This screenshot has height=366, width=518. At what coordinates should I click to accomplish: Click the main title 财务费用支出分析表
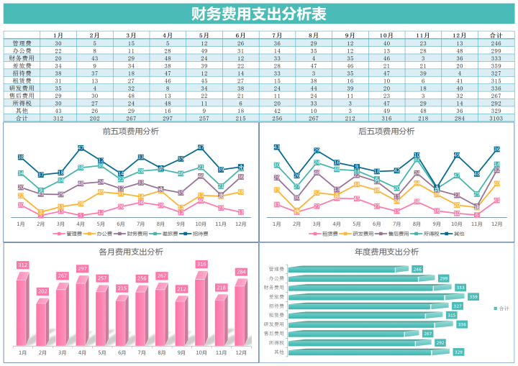coord(258,14)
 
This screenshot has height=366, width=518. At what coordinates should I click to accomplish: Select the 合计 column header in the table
coord(496,35)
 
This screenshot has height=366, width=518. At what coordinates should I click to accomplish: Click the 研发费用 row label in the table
coord(22,88)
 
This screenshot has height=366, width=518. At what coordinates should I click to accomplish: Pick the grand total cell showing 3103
coord(496,118)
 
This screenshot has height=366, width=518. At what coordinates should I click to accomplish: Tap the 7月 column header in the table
coord(277,35)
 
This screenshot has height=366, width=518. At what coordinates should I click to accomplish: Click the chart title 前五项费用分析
coord(130,132)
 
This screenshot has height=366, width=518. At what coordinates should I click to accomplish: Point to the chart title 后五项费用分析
coord(386,132)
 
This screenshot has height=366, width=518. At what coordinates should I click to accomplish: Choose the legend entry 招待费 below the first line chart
coord(198,234)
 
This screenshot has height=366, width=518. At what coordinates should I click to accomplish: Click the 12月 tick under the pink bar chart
coord(241,353)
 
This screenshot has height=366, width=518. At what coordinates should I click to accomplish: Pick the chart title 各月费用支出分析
coord(130,252)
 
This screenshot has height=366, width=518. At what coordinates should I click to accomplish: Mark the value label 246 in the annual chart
coord(417,269)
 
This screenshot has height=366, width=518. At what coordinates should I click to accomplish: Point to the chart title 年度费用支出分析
coord(386,252)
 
